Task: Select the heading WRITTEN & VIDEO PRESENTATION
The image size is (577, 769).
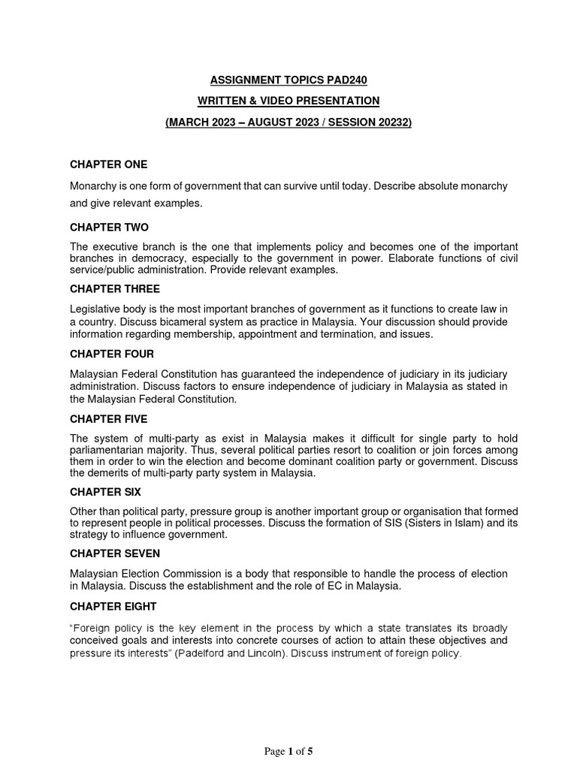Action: click(x=288, y=100)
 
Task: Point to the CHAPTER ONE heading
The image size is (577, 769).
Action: click(x=109, y=164)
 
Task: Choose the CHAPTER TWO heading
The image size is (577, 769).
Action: click(x=110, y=227)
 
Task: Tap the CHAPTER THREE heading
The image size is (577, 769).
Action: click(x=115, y=288)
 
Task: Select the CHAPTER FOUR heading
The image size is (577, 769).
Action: click(x=112, y=354)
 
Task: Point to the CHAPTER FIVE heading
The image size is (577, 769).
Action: click(x=109, y=418)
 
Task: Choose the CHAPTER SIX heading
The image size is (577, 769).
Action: click(x=105, y=492)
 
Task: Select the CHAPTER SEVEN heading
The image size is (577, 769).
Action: click(x=113, y=553)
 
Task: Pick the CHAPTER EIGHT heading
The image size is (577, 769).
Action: click(x=113, y=607)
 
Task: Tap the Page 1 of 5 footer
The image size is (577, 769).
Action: click(x=288, y=751)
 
